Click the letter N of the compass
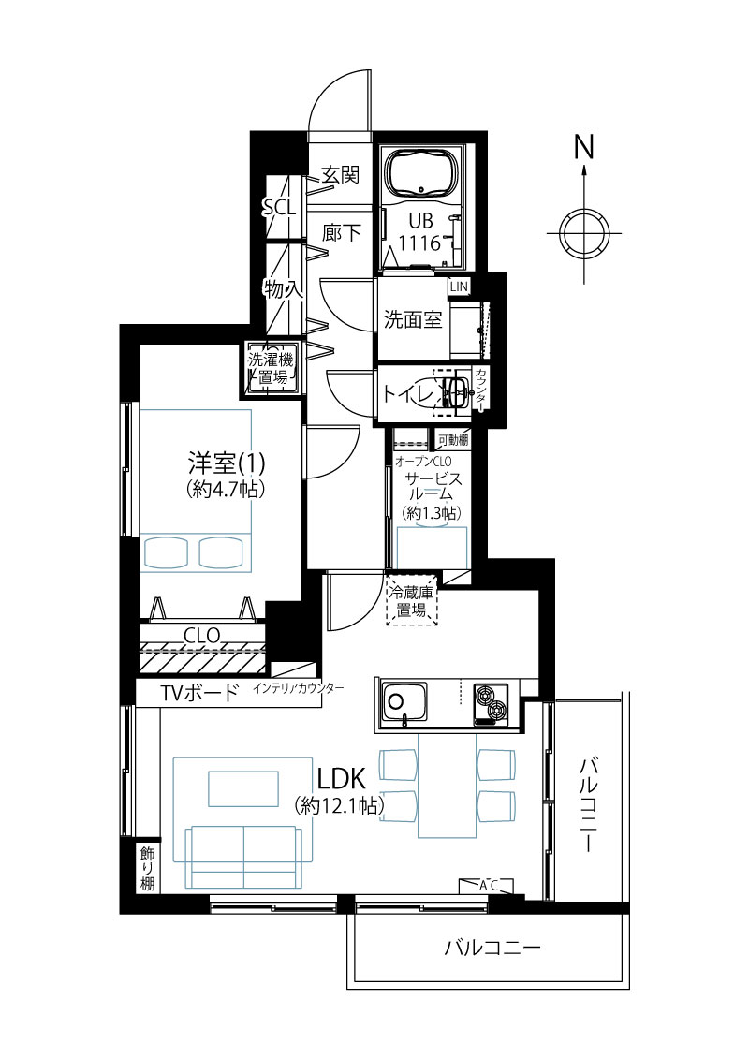click(x=584, y=147)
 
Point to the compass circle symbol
click(x=583, y=234)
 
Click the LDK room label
click(x=341, y=779)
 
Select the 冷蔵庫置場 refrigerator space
click(x=411, y=601)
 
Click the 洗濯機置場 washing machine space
click(x=272, y=369)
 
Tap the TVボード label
click(x=199, y=693)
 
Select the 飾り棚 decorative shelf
click(x=147, y=868)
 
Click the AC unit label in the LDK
click(x=489, y=886)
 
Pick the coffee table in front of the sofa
click(x=243, y=788)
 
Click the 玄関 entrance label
click(x=340, y=175)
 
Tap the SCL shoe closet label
click(x=279, y=207)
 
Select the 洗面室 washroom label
click(x=413, y=319)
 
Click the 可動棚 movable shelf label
click(x=452, y=440)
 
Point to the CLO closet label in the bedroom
click(x=202, y=636)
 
